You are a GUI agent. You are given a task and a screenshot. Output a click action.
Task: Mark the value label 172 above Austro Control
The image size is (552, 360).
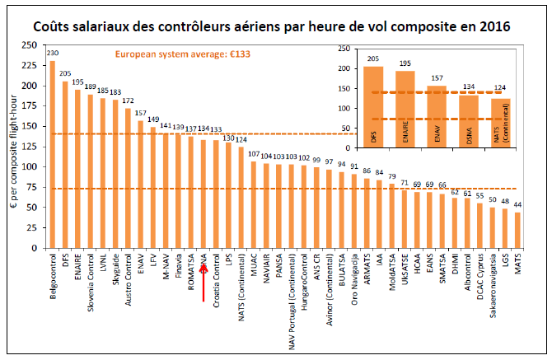127,101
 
